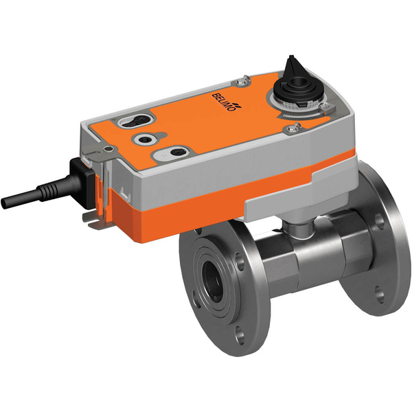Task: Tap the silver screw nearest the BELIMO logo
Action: point(240,83)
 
